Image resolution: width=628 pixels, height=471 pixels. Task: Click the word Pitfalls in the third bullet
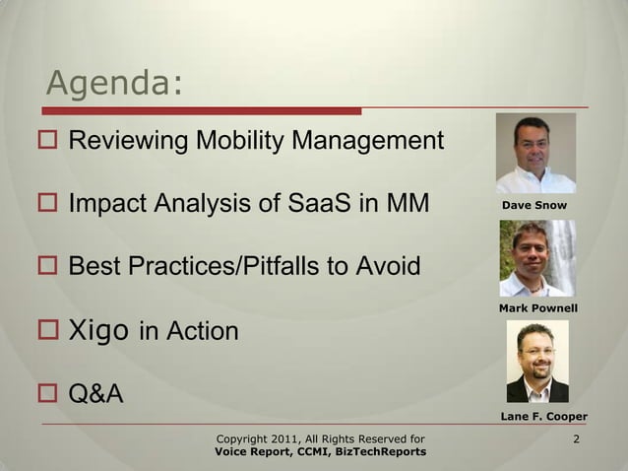point(287,267)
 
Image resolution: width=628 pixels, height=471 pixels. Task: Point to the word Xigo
point(98,330)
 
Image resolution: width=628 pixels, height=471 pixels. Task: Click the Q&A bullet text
point(95,394)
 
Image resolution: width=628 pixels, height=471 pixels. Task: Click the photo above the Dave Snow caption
point(535,154)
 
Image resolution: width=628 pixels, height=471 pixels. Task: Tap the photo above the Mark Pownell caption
point(536,258)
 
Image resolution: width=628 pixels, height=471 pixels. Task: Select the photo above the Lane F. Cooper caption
point(536,363)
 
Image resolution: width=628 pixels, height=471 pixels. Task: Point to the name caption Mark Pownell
point(537,309)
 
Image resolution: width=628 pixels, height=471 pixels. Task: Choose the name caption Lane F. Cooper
point(544,416)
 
